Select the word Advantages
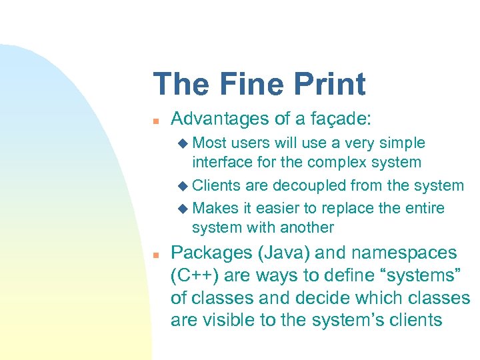tap(217, 119)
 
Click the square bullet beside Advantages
tap(154, 121)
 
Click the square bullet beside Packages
tap(154, 255)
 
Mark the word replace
tap(347, 207)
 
